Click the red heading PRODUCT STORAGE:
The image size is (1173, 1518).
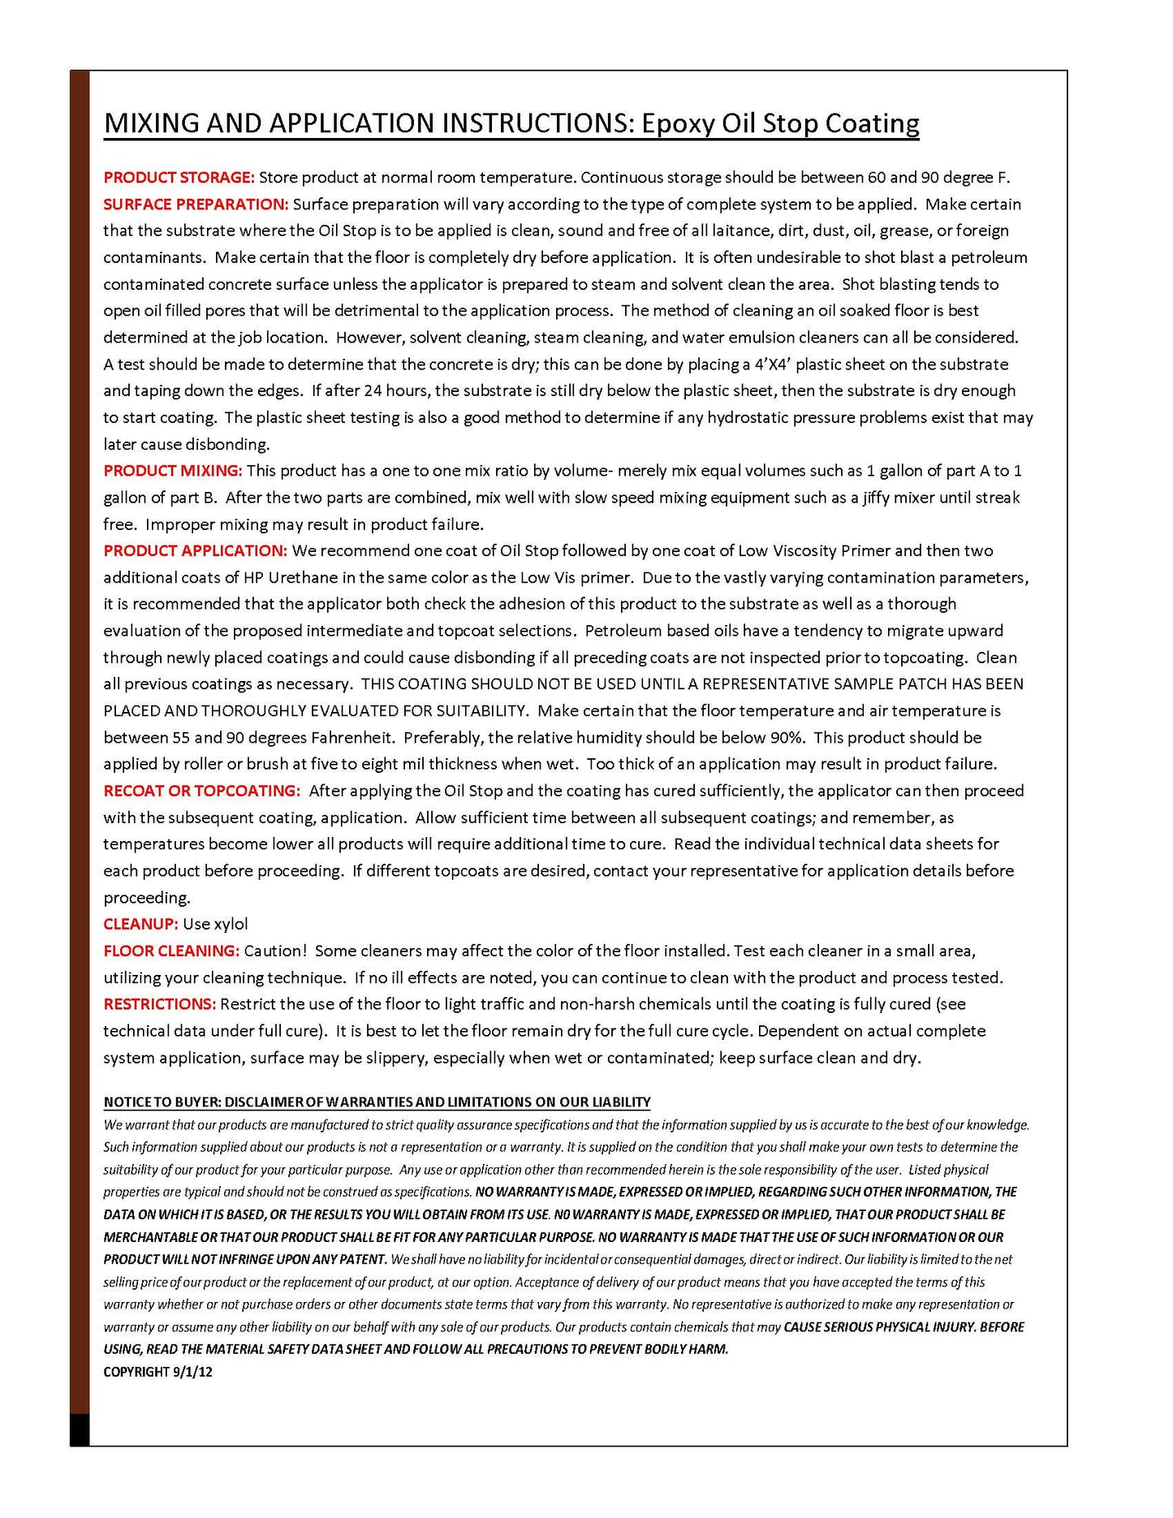click(x=179, y=178)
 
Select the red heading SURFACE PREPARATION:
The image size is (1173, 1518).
click(x=196, y=205)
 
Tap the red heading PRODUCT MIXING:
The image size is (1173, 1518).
click(x=172, y=471)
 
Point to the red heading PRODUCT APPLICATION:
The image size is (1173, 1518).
click(x=195, y=551)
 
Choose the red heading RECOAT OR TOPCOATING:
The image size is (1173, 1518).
click(x=201, y=791)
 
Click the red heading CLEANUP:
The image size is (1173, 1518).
click(x=140, y=924)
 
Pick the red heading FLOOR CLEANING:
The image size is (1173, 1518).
click(x=170, y=951)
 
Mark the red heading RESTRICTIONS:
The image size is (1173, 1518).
click(x=159, y=1004)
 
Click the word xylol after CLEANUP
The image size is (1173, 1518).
click(x=231, y=924)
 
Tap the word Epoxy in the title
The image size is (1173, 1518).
click(x=679, y=123)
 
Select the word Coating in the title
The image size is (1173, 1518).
click(x=872, y=123)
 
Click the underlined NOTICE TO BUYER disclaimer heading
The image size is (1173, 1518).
click(x=377, y=1102)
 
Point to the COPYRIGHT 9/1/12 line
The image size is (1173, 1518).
click(x=157, y=1372)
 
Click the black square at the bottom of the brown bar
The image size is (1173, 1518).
click(x=80, y=1430)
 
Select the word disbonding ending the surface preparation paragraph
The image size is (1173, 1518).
click(x=226, y=445)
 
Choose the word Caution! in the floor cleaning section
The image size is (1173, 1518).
click(x=275, y=951)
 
